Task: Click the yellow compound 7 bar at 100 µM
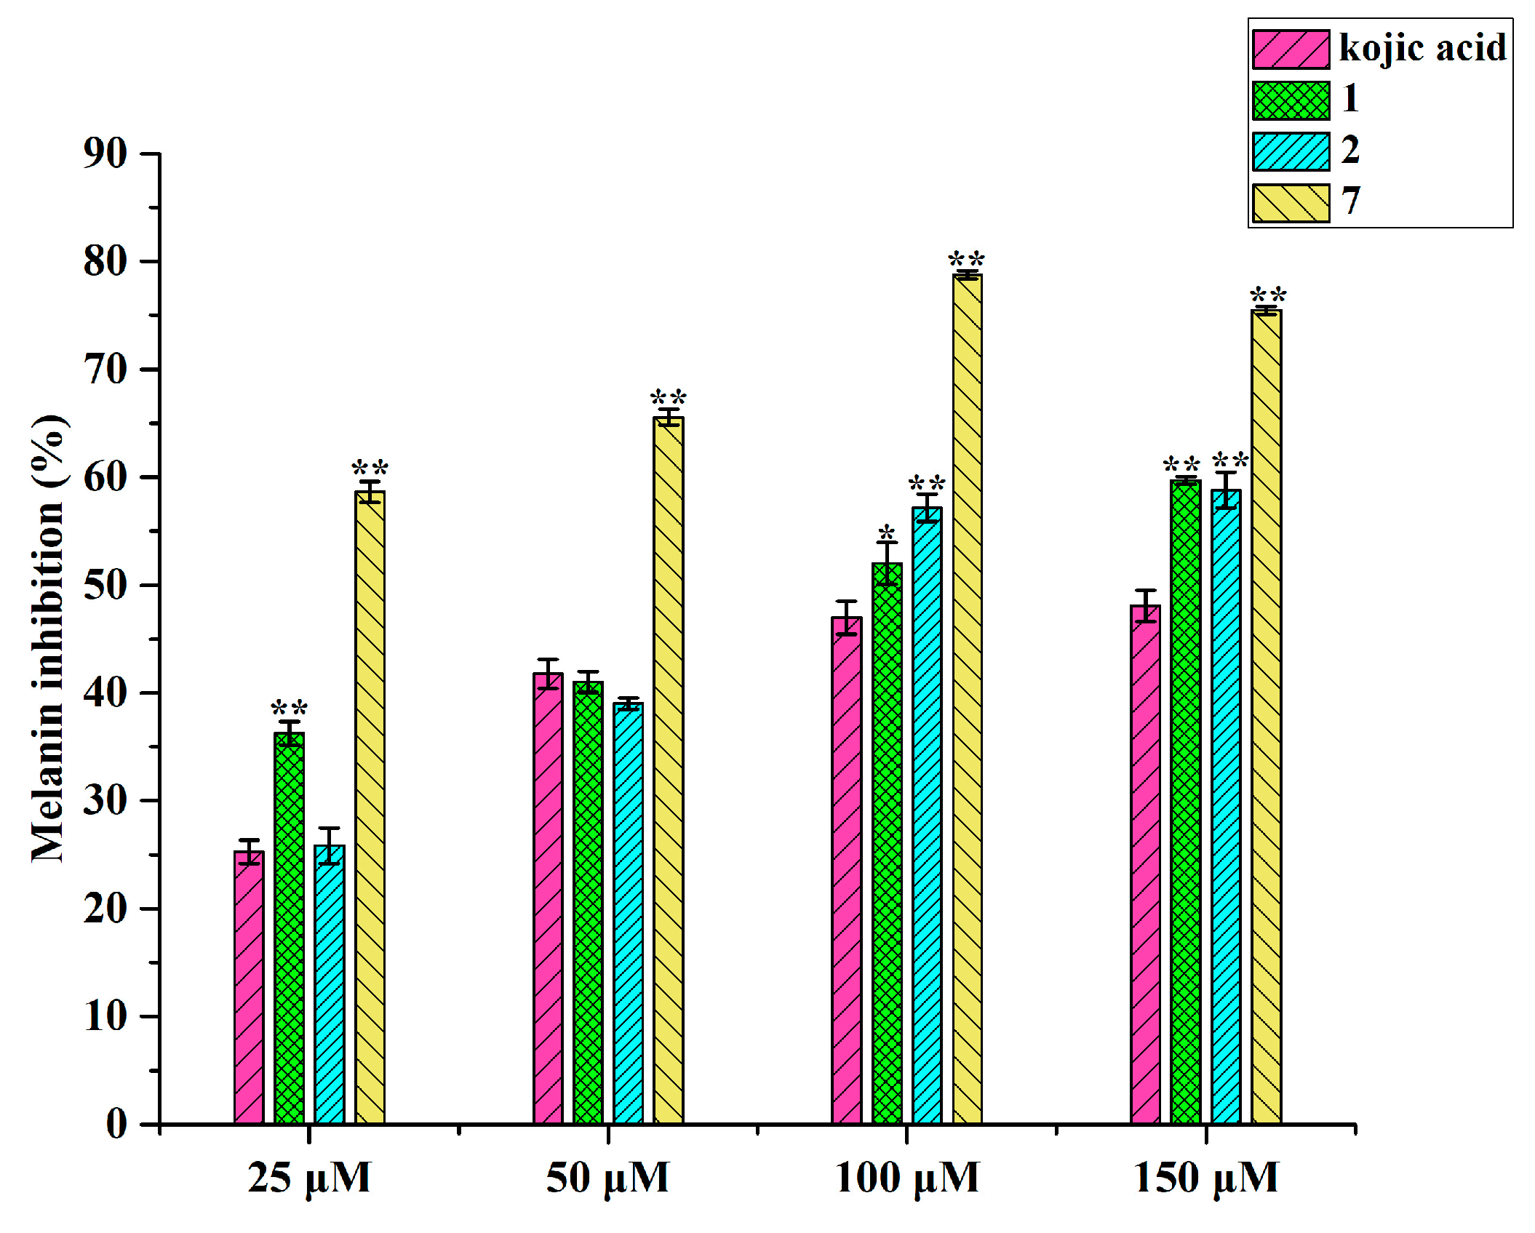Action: [967, 698]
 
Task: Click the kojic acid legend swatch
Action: [1291, 49]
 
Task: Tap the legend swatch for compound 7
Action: [1291, 203]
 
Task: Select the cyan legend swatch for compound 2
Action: [1291, 151]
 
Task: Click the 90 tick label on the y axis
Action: [105, 153]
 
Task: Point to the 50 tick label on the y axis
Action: [105, 585]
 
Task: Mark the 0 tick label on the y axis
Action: [116, 1125]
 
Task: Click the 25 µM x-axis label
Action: [309, 1178]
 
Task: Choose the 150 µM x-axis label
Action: [1205, 1178]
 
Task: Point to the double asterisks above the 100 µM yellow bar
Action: [966, 260]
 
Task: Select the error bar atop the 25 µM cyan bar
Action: [329, 845]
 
